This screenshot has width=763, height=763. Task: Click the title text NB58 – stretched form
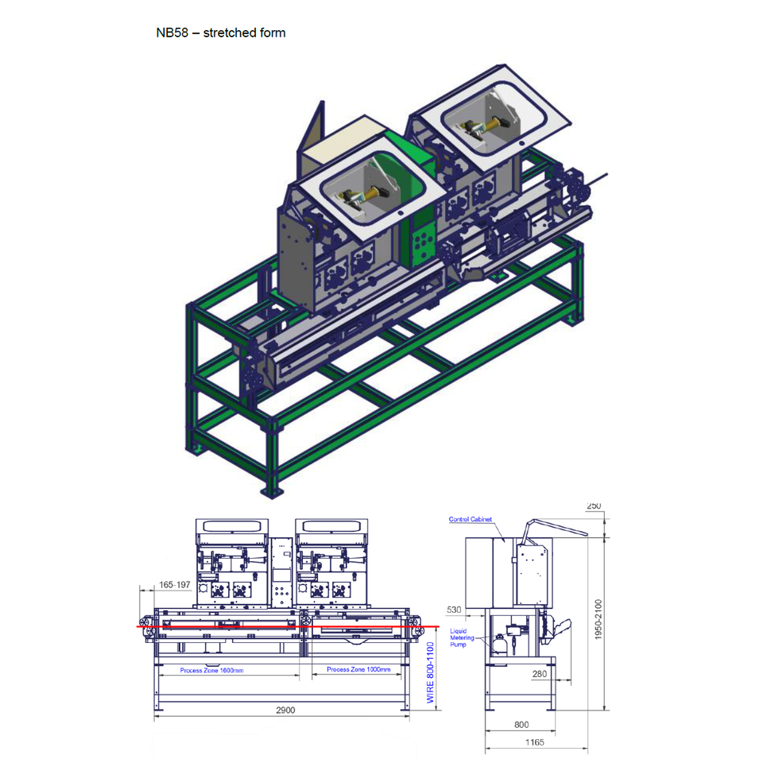220,33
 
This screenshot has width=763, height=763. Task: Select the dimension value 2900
285,710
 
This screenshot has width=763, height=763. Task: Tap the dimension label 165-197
175,584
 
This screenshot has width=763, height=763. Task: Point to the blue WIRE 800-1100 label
430,672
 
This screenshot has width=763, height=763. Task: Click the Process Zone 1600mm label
211,670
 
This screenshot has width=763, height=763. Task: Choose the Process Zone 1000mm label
358,669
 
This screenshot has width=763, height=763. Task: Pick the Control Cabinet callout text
470,519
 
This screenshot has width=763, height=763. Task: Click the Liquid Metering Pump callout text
461,637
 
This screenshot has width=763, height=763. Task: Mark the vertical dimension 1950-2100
598,619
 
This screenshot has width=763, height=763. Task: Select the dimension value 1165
534,742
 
